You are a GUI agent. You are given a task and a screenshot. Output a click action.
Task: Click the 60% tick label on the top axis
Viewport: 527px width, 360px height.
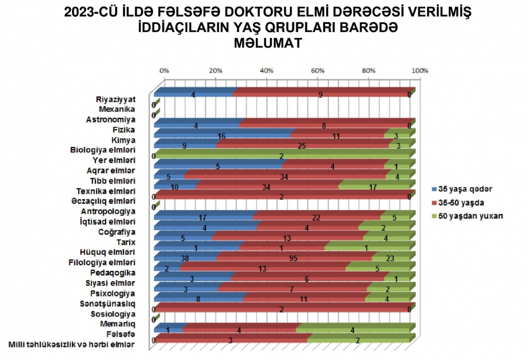pyautogui.click(x=318, y=70)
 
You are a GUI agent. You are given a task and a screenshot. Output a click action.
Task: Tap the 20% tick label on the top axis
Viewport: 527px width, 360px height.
pyautogui.click(x=215, y=70)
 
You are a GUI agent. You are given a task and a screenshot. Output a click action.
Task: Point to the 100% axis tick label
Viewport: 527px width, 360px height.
pyautogui.click(x=420, y=70)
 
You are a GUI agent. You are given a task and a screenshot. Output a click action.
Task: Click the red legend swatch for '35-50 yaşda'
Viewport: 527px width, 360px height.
pyautogui.click(x=434, y=202)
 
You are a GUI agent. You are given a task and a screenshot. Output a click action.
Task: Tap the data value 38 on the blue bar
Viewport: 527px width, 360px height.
pyautogui.click(x=184, y=258)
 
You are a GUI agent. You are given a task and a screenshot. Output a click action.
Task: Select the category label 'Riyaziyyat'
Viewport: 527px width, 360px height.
pyautogui.click(x=116, y=99)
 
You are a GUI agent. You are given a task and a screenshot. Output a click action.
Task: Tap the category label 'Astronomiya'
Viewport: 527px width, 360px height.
pyautogui.click(x=111, y=119)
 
